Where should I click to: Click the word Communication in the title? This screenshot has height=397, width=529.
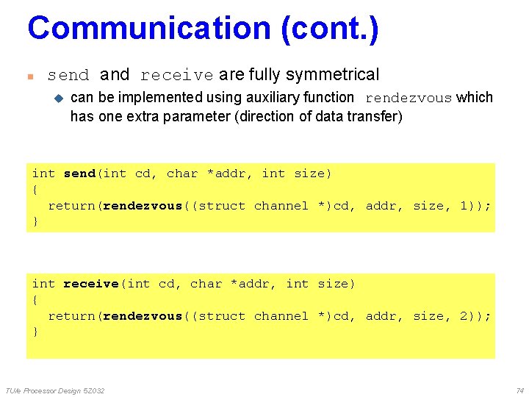pos(149,28)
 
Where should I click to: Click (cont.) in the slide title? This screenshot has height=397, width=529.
pos(329,28)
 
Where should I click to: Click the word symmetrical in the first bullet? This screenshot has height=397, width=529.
pos(332,74)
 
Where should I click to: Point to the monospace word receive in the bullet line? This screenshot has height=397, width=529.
pos(176,75)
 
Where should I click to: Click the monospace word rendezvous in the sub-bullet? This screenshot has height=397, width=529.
pos(409,98)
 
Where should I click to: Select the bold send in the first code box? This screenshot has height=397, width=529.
pos(79,174)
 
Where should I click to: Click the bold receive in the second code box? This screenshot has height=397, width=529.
pos(91,284)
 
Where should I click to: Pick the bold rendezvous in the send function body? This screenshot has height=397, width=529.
pos(143,206)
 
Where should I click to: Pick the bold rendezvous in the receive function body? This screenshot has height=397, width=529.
pos(143,316)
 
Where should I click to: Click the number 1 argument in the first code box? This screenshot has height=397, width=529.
pos(464,206)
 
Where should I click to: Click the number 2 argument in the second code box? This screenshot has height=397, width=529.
pos(464,316)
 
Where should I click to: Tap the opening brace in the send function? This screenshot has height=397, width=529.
pos(35,190)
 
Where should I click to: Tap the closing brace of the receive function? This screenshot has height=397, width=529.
pos(35,332)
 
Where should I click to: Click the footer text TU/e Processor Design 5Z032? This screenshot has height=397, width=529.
pos(54,390)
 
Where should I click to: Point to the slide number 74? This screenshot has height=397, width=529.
pos(519,390)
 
